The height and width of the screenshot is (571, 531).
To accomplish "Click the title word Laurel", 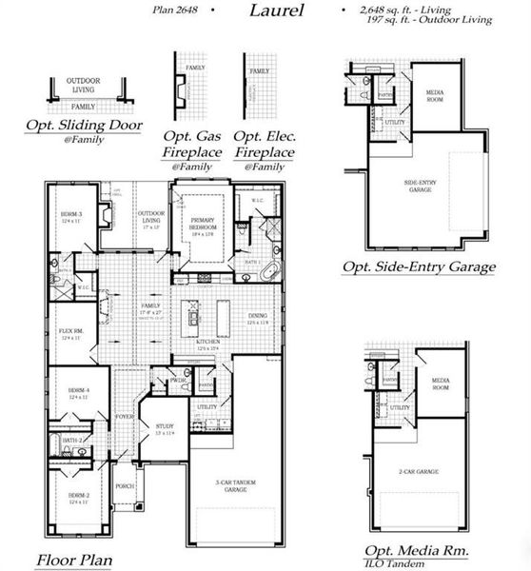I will (277, 10).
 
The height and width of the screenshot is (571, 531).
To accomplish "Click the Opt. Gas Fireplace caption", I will (190, 145).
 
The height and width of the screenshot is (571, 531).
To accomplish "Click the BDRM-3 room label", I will (67, 216).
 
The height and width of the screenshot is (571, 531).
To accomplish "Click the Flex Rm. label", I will (72, 333).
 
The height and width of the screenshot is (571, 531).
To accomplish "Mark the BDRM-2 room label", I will (78, 498).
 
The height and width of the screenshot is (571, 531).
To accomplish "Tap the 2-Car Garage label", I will (418, 471).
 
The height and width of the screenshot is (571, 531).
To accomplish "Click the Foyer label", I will (125, 416).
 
